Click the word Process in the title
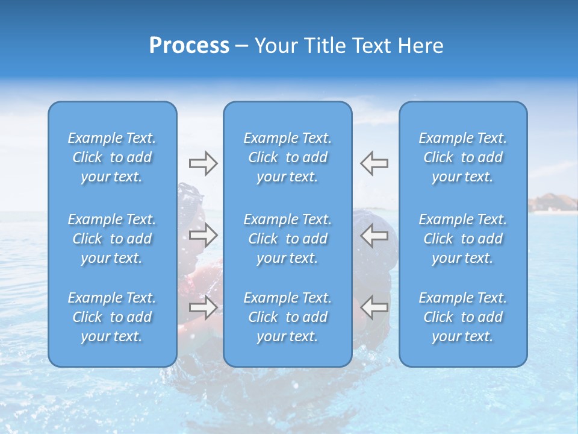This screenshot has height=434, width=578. [189, 46]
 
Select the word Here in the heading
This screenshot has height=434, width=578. [420, 46]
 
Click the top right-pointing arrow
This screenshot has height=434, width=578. [203, 163]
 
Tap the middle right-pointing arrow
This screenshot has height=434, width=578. [203, 235]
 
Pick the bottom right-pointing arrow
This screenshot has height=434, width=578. [203, 307]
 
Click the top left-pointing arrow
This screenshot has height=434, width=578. [374, 163]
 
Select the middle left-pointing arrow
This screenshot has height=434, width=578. [374, 235]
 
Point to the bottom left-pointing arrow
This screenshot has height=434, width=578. [374, 307]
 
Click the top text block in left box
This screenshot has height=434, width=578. [112, 157]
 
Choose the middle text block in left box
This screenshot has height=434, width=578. [112, 239]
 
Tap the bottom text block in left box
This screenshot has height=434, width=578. [112, 317]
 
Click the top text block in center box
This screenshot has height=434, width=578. [287, 157]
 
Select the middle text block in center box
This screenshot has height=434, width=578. [287, 239]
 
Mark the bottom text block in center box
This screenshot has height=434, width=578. [287, 317]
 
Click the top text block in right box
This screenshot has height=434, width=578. [462, 157]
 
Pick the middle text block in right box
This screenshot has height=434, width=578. [462, 239]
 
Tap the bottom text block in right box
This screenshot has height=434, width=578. [462, 317]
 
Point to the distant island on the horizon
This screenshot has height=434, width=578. [552, 203]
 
